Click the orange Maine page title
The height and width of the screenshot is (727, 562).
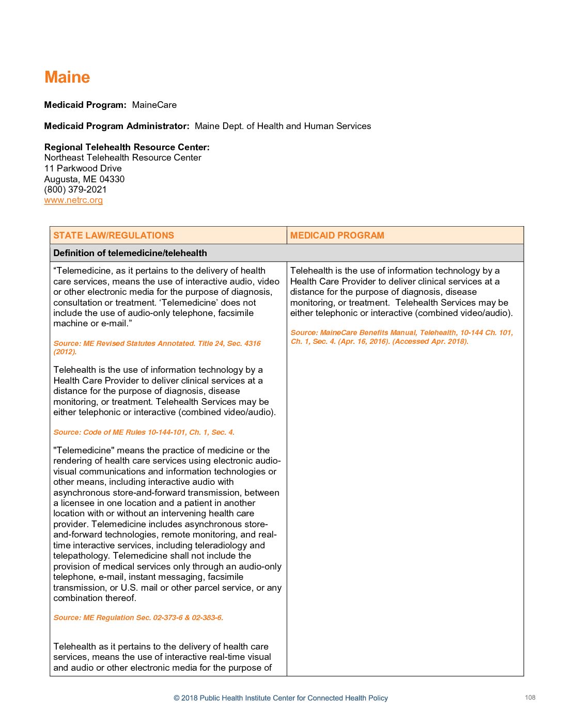(67, 77)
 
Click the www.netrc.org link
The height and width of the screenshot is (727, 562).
(73, 200)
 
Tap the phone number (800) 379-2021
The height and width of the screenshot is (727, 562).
(75, 189)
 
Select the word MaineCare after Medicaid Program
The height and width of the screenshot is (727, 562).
(154, 105)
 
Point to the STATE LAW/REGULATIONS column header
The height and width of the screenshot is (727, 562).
(114, 235)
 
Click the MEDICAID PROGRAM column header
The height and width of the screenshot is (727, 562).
(337, 235)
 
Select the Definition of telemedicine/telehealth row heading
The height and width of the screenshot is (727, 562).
(130, 253)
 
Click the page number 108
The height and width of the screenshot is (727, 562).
(530, 698)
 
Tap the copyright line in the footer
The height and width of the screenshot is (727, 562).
(280, 698)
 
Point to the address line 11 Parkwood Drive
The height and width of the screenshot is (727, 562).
(83, 168)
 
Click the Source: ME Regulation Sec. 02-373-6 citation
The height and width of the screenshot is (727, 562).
(138, 618)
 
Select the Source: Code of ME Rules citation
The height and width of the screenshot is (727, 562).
(144, 432)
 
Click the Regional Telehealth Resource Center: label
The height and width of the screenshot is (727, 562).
(127, 147)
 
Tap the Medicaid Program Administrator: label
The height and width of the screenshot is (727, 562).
(117, 126)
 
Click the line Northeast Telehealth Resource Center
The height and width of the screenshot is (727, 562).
(123, 157)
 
